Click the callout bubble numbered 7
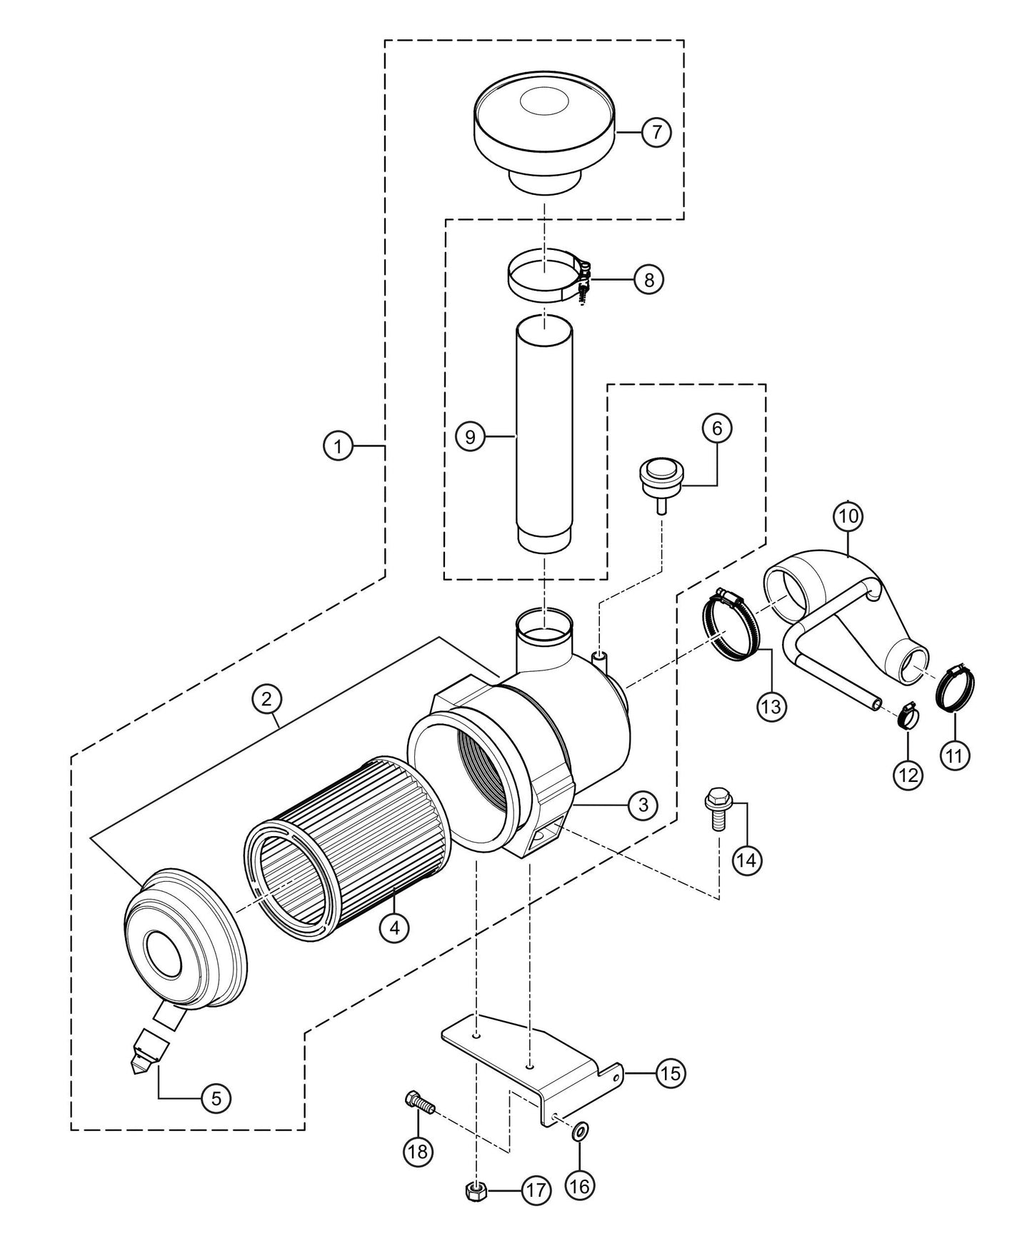click(x=656, y=132)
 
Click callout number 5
click(x=216, y=1098)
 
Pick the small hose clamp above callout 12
click(x=907, y=715)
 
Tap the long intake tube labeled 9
click(x=544, y=436)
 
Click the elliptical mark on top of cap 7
click(x=544, y=102)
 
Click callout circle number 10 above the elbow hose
click(x=848, y=516)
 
